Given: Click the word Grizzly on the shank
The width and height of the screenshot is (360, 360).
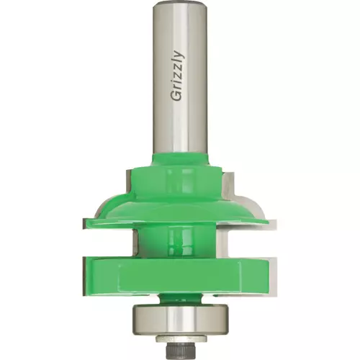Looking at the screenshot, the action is click(178, 76).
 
